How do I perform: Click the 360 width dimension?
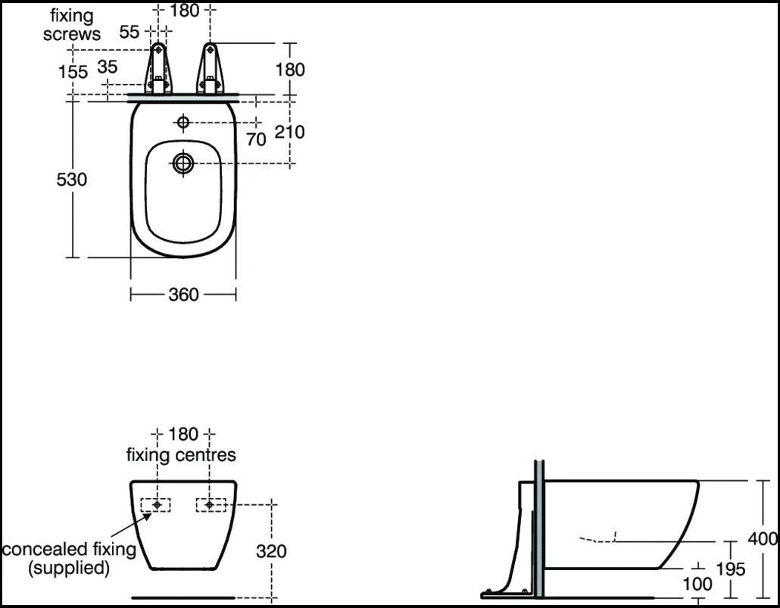pos(183,295)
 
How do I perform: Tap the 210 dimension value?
pos(289,133)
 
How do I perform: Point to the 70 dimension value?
pos(256,139)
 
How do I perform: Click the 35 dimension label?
pos(108,67)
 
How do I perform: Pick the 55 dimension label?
pos(130,32)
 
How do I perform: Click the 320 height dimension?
pos(271,551)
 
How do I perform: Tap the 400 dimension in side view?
pos(763,539)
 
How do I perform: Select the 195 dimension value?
pos(731,569)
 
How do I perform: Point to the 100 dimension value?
pos(697,584)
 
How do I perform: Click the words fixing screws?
pos(73,23)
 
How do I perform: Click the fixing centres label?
pos(181,455)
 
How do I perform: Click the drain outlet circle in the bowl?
pos(183,162)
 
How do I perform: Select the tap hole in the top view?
pos(183,121)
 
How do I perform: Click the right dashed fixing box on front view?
pos(211,504)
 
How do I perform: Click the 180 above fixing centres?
pos(183,435)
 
